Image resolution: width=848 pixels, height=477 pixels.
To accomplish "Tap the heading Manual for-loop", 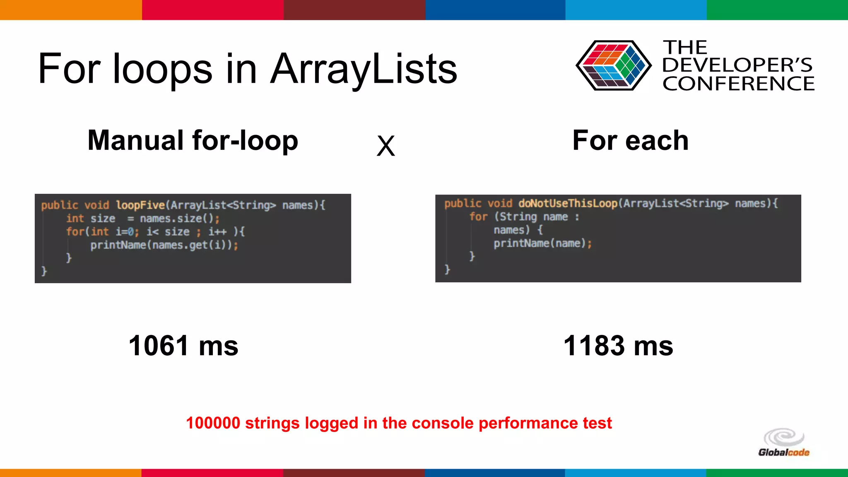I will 193,140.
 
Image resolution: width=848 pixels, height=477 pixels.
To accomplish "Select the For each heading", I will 630,140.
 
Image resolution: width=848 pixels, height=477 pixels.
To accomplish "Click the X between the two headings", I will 385,146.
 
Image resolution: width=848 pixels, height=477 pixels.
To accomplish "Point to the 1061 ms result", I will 183,346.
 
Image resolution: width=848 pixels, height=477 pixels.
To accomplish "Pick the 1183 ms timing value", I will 618,346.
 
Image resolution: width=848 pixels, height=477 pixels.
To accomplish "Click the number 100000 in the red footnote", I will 213,423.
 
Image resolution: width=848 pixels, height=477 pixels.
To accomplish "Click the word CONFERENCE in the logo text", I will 738,84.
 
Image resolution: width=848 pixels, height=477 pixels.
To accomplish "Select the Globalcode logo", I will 783,443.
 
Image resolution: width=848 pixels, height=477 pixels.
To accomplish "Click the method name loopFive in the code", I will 140,205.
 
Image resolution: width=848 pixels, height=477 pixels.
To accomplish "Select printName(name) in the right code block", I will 542,243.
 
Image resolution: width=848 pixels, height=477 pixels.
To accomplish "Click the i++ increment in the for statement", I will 217,232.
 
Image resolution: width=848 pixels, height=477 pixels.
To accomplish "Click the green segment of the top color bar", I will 777,10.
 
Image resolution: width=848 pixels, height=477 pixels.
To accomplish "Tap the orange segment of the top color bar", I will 70,10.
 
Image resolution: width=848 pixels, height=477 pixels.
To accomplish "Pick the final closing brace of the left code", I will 44,271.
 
